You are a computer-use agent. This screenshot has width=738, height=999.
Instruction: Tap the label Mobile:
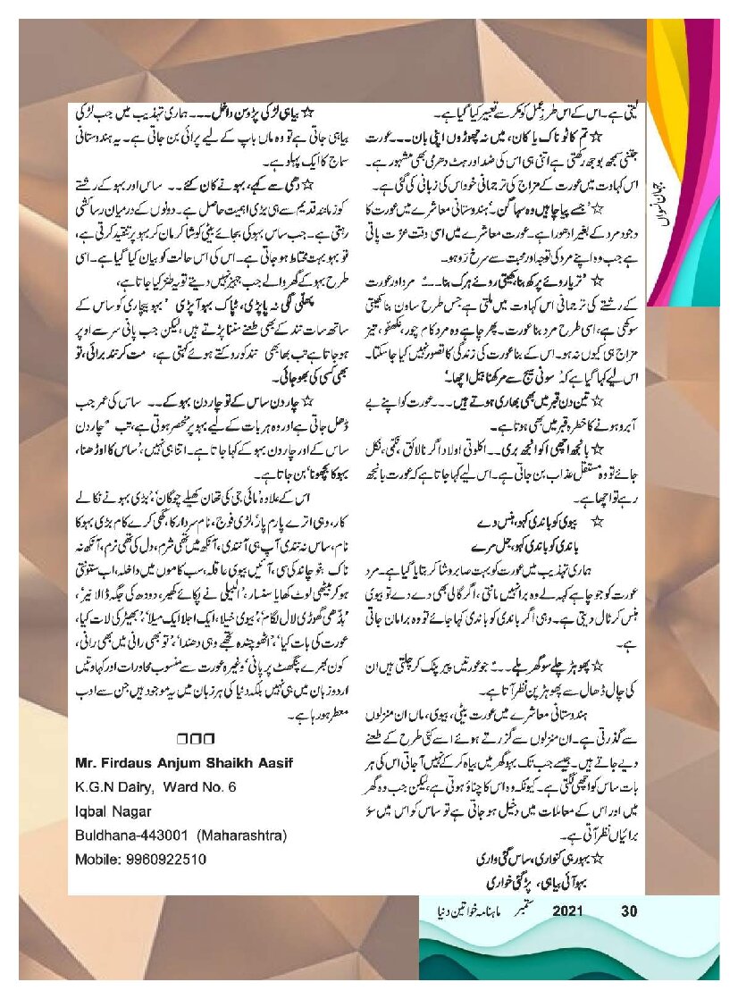(x=96, y=860)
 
